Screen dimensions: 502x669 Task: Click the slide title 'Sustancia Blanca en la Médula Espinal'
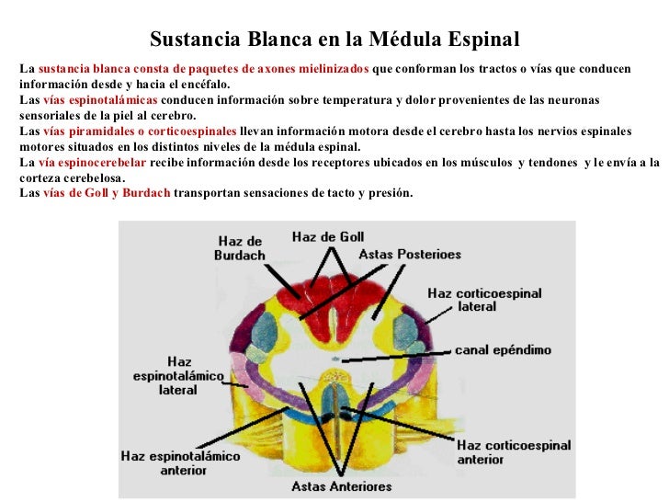point(334,41)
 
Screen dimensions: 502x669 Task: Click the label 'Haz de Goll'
point(328,236)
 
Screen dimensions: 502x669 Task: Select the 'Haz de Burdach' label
point(240,248)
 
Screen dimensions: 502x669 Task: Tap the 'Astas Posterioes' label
point(409,253)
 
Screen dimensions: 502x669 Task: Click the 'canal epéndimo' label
point(503,350)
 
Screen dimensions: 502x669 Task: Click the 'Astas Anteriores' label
point(341,486)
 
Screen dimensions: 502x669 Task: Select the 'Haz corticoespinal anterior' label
point(514,453)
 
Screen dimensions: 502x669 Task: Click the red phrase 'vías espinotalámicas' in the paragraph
point(100,99)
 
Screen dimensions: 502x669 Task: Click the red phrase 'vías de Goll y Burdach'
point(107,194)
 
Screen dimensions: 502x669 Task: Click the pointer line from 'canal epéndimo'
point(404,354)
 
